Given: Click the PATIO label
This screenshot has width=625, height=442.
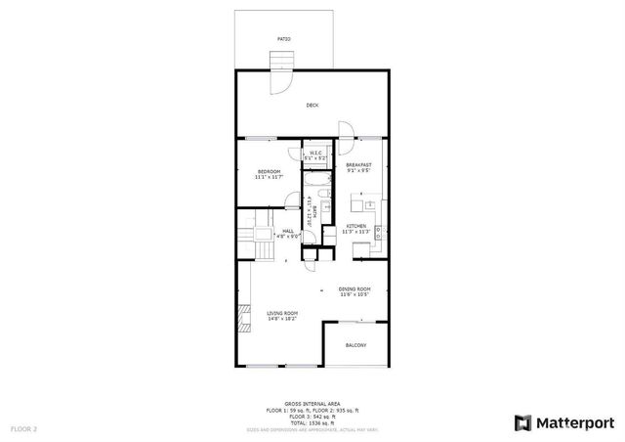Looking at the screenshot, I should tap(283, 38).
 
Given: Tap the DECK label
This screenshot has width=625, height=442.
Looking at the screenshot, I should tap(312, 105).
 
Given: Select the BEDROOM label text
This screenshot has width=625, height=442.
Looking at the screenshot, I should tap(269, 173).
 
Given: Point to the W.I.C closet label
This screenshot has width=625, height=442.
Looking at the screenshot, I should tap(316, 155).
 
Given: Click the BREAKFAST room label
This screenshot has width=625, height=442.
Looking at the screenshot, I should tap(359, 167).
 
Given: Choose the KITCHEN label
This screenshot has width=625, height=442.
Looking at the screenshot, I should tap(356, 228).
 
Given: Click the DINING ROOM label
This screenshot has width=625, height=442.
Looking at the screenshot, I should tap(354, 290).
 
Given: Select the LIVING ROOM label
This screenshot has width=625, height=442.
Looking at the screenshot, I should tap(282, 315).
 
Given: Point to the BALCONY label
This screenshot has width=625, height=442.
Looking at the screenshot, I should tap(355, 345).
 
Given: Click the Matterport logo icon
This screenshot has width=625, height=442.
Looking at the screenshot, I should tap(522, 422).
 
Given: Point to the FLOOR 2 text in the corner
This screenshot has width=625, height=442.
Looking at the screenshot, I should tap(23, 428).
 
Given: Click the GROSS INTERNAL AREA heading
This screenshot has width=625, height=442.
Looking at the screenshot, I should tap(312, 404).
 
